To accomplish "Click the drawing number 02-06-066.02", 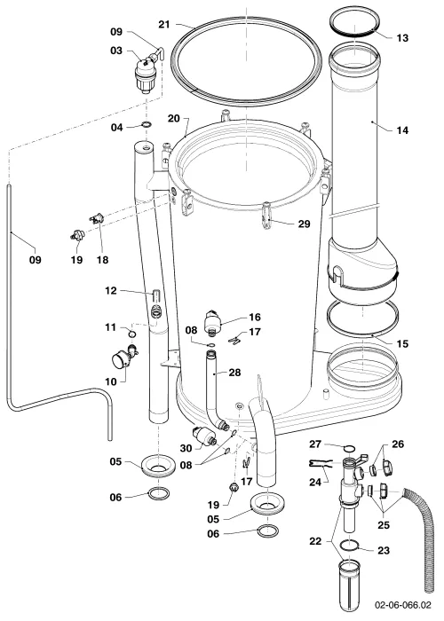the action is pos(403,605).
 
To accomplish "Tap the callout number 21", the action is pos(164,25).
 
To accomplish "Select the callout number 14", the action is pos(402,130).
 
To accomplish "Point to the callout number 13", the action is pos(402,38).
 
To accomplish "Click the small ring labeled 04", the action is pos(147,126).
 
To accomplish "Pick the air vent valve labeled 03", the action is pos(146,75).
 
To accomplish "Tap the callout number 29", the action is pos(304,224).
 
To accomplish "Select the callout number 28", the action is pos(234,373).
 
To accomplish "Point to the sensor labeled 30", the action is pos(203,436).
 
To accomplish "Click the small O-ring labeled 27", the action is pos(350,448).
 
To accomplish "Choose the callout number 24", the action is pos(315,482).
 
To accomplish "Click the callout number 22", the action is pos(315,540).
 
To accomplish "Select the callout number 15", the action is pos(402,344).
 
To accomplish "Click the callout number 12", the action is pos(111,291).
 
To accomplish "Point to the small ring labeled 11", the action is pos(133,334).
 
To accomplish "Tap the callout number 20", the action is pos(174,118).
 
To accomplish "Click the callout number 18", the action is pos(102,260).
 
